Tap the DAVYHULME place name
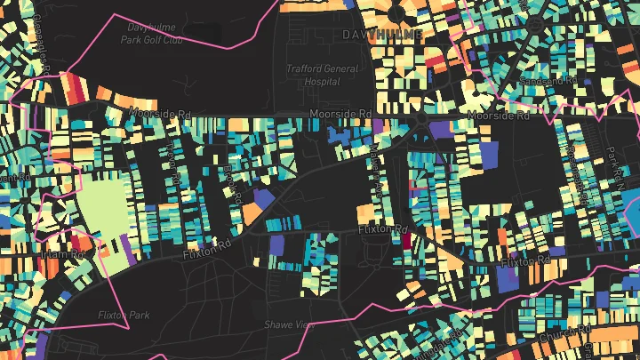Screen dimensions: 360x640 382,34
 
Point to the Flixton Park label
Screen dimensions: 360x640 124,315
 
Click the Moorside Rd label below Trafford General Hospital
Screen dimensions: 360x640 341,115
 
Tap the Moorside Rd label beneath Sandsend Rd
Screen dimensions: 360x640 498,116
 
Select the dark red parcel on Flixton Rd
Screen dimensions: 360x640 406,239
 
